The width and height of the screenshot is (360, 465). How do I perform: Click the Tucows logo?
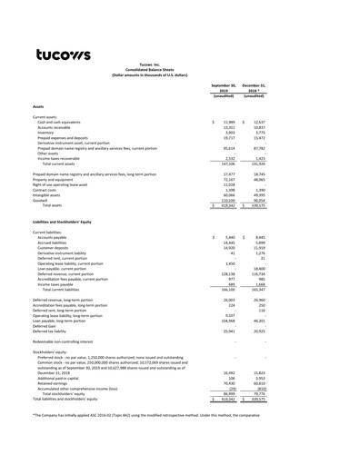(63, 55)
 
